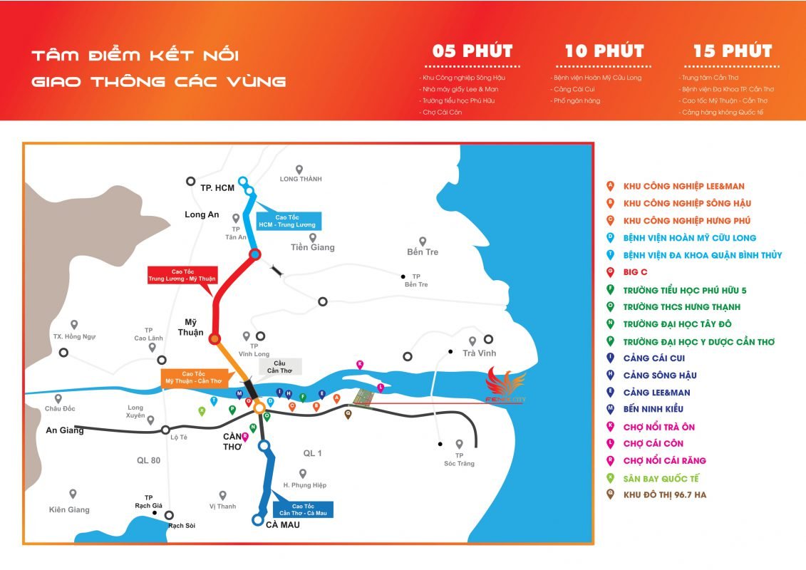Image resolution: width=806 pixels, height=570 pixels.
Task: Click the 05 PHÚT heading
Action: click(472, 51)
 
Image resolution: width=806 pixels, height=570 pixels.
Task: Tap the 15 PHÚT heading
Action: click(733, 51)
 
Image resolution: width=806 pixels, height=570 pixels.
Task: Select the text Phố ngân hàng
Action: click(577, 100)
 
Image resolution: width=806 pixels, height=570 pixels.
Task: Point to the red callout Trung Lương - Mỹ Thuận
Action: click(182, 275)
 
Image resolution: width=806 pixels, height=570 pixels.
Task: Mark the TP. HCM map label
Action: click(217, 187)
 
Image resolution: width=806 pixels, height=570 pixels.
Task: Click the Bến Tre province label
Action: click(423, 252)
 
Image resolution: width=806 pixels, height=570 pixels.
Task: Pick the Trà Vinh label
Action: click(479, 353)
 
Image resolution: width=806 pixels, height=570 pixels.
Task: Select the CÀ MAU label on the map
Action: click(283, 525)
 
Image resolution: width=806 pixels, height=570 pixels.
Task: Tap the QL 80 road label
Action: click(149, 460)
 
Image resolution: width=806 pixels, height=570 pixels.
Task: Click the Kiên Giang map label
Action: click(69, 509)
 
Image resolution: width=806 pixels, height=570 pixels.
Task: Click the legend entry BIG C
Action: click(635, 271)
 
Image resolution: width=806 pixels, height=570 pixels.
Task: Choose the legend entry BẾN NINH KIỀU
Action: click(653, 409)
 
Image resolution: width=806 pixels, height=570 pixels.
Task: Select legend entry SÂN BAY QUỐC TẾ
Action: click(661, 478)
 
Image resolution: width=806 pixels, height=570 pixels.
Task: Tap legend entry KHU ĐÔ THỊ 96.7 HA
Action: click(664, 495)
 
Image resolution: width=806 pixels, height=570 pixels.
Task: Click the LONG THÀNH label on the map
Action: click(301, 179)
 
